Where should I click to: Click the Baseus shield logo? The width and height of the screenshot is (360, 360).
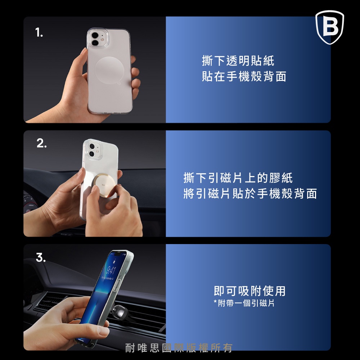coord(330,27)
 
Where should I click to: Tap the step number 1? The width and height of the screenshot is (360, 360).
coord(39,32)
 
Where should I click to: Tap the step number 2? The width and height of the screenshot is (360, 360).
coord(41,144)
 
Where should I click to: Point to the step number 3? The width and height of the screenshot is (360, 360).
coord(41,257)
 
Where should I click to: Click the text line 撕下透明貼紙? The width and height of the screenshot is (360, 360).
coord(238,61)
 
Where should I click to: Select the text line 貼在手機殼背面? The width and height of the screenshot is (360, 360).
coord(244,76)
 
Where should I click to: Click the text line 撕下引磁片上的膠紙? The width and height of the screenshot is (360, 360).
coord(238,178)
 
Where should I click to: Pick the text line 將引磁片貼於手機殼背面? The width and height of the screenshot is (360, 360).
coord(250,193)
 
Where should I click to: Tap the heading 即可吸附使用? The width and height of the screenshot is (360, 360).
coord(249,291)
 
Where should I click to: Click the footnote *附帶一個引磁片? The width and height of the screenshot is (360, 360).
coord(244,303)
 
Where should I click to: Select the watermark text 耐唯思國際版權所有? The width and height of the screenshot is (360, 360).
coord(179,348)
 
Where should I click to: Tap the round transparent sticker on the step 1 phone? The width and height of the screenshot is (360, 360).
coord(110,70)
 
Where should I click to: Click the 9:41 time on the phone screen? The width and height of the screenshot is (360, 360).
coord(111,270)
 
